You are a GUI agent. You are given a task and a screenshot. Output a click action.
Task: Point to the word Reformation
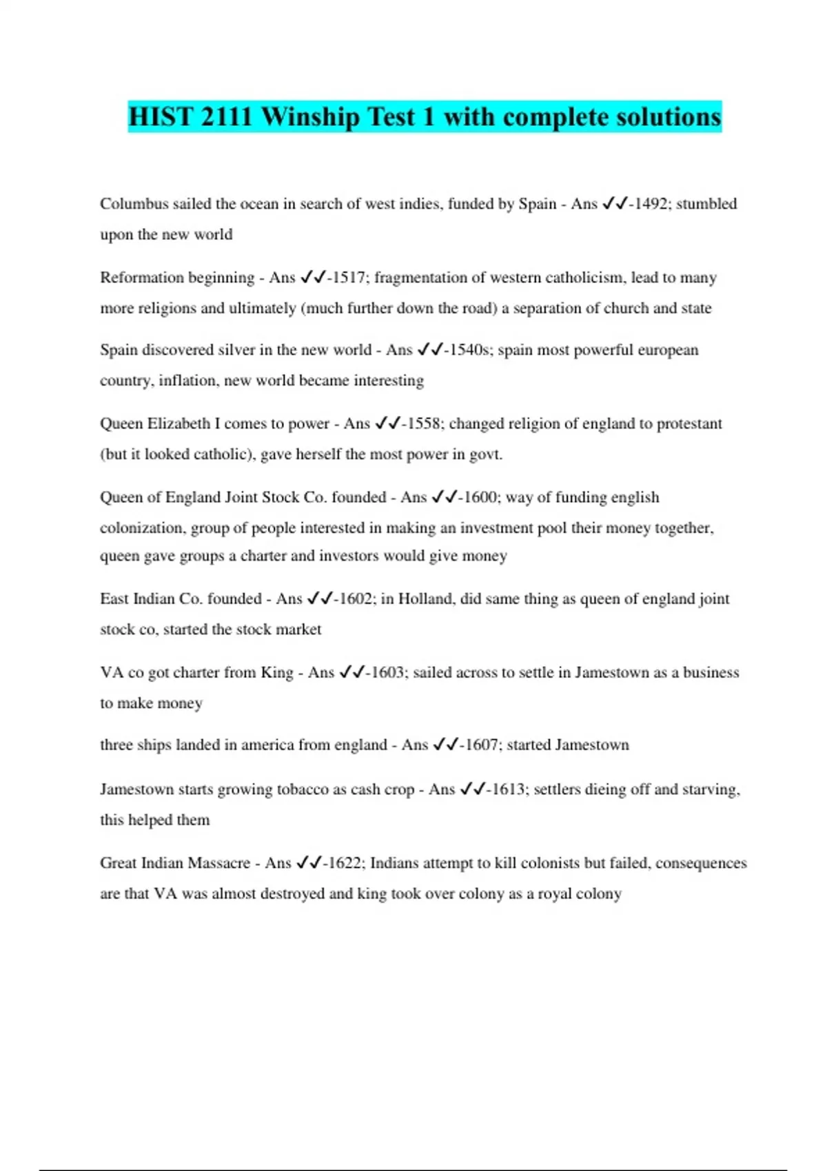(x=143, y=278)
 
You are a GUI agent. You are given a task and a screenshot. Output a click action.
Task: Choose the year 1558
(x=424, y=424)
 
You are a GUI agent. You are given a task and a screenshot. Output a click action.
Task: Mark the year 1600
(x=480, y=497)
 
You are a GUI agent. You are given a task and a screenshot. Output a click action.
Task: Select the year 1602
(x=356, y=599)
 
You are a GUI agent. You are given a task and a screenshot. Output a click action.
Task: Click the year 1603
(x=387, y=672)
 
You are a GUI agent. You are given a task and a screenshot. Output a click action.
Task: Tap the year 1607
(x=481, y=745)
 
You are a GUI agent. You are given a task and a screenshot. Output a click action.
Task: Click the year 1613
(x=508, y=789)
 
